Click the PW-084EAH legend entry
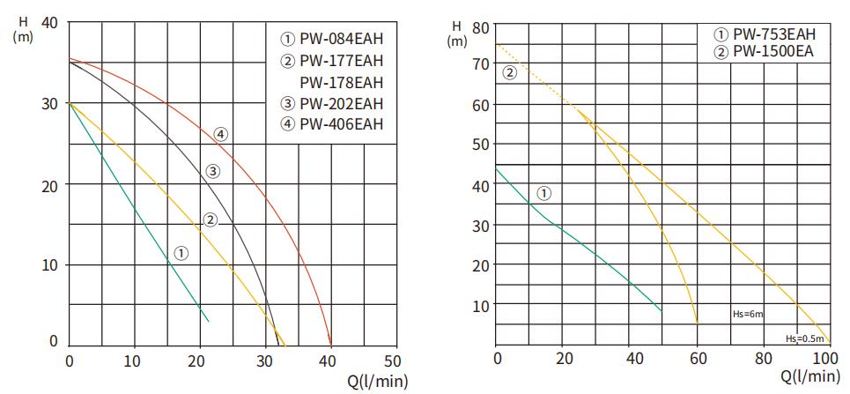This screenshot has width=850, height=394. point(332,41)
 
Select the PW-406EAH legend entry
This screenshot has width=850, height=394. point(332,123)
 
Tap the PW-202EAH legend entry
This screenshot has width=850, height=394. point(332,103)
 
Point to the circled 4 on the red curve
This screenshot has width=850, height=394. point(221,134)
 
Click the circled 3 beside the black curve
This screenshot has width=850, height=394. point(212,171)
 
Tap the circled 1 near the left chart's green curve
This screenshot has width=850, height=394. point(181,253)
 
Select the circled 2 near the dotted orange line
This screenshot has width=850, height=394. point(509,72)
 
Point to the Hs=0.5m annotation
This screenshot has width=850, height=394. point(805,338)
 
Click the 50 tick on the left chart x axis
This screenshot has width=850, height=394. point(393,360)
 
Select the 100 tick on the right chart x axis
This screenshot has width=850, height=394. point(827,359)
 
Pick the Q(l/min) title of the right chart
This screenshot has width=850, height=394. point(809,376)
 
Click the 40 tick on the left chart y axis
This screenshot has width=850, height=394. point(50,22)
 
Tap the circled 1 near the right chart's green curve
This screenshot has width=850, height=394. point(543,192)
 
